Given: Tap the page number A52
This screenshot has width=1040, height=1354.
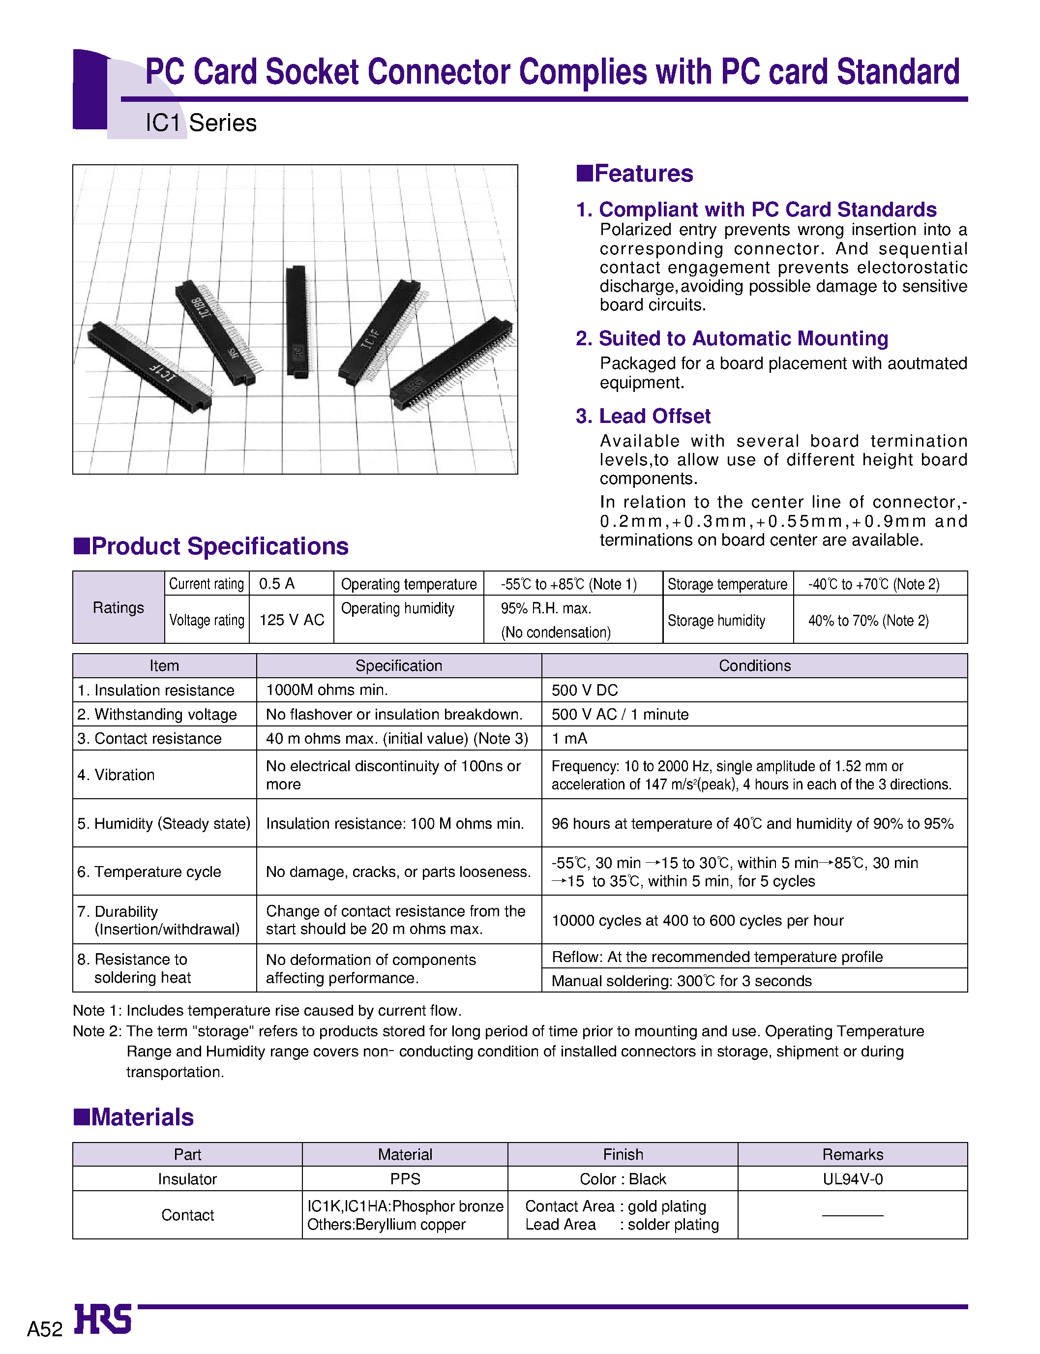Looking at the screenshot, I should pyautogui.click(x=45, y=1328).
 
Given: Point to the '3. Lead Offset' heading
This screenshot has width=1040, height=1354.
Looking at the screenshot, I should pyautogui.click(x=643, y=416).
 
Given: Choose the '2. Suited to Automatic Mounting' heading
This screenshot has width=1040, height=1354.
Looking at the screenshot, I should pyautogui.click(x=732, y=339).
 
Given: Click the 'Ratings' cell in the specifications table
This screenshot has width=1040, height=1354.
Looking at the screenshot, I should pyautogui.click(x=118, y=607).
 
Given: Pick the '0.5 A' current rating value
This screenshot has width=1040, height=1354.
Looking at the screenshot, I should pyautogui.click(x=277, y=584).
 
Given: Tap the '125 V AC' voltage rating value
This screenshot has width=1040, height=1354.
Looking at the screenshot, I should pyautogui.click(x=292, y=620).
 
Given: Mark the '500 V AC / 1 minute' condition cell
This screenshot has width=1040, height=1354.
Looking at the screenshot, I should pyautogui.click(x=620, y=715).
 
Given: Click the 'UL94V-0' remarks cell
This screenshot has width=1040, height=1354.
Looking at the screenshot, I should pyautogui.click(x=853, y=1179).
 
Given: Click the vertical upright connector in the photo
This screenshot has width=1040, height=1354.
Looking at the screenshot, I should pyautogui.click(x=297, y=322).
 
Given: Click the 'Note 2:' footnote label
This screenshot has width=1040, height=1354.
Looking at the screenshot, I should pyautogui.click(x=97, y=1031).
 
